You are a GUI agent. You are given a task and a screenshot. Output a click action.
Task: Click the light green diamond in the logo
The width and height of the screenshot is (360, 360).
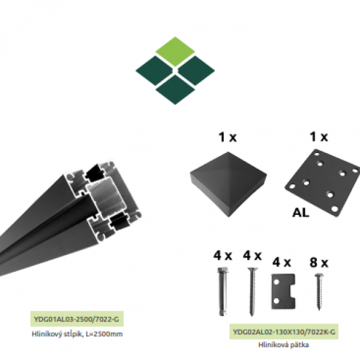point(175,52)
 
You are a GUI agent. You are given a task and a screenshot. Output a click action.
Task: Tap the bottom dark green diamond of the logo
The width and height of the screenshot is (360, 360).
point(175,90)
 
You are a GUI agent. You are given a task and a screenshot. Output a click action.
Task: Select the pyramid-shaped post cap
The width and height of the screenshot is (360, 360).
point(229,184)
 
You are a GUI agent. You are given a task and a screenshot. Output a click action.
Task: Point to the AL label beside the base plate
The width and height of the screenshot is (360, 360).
point(301,212)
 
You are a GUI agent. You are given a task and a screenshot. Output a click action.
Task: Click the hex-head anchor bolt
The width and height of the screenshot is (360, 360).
point(222,292)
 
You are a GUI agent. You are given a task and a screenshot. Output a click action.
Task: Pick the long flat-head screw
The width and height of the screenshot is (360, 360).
point(252,292)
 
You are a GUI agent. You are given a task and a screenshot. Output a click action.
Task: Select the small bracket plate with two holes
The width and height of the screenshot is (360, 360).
point(283,292)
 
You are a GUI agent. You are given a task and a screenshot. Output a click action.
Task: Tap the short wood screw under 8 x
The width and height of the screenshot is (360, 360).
point(319,292)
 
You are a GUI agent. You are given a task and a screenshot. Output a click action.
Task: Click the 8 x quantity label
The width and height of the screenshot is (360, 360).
point(319,263)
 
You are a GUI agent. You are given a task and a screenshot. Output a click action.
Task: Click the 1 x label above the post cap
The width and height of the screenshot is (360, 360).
point(227,137)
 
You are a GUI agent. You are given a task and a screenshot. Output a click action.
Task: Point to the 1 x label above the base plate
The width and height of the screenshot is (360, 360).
point(319,137)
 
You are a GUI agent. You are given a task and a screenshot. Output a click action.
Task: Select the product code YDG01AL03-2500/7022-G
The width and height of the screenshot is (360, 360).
point(76,319)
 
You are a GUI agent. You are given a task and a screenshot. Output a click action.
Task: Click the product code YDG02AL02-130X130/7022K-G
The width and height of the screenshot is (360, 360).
point(284,332)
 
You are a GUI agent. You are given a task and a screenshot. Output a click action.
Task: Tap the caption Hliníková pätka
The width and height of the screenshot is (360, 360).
point(284,344)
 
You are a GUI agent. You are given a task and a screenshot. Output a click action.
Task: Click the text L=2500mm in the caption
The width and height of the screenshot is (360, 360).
point(104,334)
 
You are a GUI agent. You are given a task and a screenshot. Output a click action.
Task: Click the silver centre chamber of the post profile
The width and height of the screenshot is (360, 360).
point(107,198)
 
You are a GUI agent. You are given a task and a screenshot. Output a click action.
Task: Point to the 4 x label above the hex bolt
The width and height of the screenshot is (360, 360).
point(223,256)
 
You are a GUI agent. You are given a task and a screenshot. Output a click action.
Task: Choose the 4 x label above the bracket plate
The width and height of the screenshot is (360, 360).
point(281,262)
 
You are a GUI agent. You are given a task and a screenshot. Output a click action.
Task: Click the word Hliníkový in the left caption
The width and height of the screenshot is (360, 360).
point(46,334)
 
